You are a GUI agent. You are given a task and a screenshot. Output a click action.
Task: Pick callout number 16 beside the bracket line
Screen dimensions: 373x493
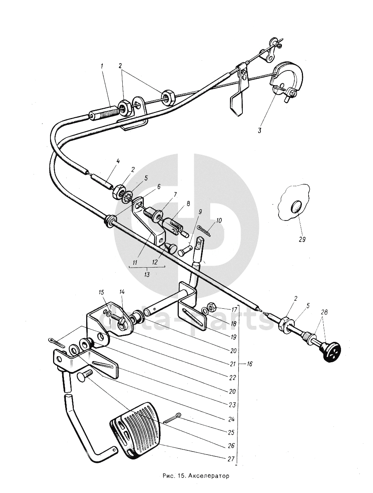click(250, 364)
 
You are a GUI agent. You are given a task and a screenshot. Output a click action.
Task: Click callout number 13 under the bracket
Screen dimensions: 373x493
click(147, 275)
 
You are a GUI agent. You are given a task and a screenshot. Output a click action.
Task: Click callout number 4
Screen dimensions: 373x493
click(118, 161)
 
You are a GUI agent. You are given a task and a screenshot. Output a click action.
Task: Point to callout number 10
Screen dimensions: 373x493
click(219, 219)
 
